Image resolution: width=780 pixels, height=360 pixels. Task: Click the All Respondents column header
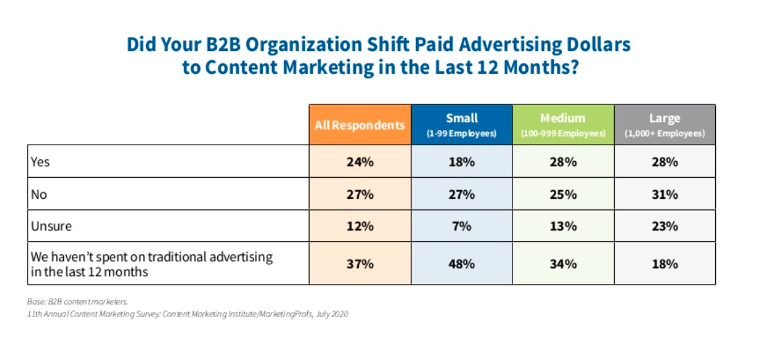360,125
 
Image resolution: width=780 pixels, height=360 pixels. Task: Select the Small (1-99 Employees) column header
462,125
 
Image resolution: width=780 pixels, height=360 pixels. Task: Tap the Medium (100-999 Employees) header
563,125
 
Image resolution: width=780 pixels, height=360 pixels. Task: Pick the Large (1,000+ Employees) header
664,125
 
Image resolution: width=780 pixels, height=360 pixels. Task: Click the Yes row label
40,162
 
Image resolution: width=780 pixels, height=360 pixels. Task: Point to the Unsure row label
50,226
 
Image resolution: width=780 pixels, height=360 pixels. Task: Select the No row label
38,194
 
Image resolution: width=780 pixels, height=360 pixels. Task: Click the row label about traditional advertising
151,264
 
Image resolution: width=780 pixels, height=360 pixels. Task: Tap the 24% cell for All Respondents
360,162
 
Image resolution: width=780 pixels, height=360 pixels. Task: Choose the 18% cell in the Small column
462,162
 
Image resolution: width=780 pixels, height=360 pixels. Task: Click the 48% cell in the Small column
462,264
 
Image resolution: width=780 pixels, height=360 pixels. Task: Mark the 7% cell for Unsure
462,226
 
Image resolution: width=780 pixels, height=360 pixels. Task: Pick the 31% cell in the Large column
664,194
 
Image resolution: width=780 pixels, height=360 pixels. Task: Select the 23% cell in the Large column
664,226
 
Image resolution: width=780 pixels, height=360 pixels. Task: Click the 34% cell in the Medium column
563,264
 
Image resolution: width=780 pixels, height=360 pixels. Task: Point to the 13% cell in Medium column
563,226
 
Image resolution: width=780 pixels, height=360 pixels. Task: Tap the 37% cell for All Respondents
360,264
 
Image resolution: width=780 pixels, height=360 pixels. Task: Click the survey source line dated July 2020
188,314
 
